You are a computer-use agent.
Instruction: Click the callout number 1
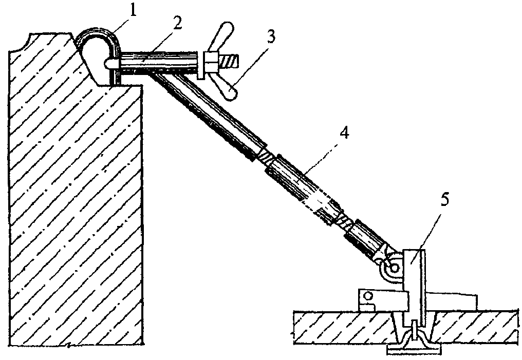[x=133, y=11]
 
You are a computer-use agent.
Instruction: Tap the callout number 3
[x=271, y=37]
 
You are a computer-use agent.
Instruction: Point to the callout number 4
[x=345, y=133]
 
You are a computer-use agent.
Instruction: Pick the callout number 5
[x=445, y=200]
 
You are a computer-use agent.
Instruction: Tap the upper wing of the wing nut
[x=222, y=36]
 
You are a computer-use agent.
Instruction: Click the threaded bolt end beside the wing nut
[x=229, y=62]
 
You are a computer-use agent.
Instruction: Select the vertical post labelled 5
[x=414, y=286]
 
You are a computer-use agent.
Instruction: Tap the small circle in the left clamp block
[x=368, y=295]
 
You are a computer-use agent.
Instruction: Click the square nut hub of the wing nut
[x=211, y=62]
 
